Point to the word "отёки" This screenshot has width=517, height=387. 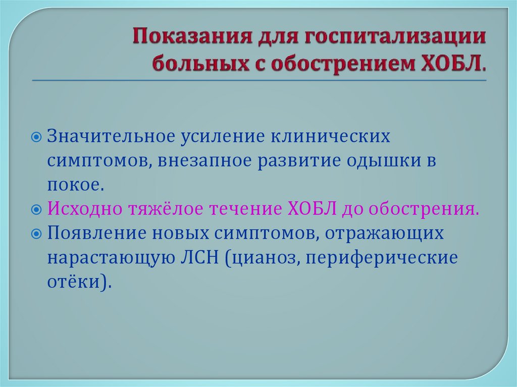click(76, 282)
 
